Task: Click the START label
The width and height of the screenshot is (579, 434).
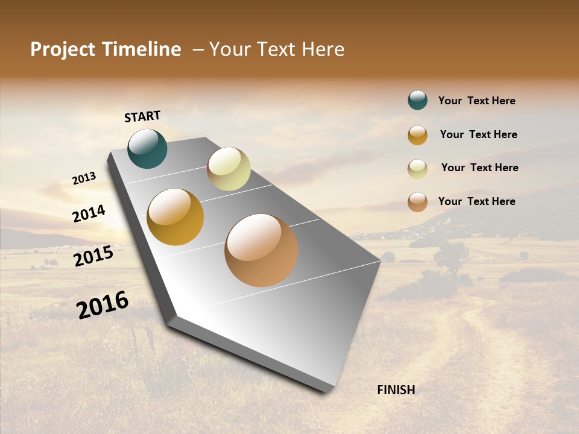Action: point(142,116)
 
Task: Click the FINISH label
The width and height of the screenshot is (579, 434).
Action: point(396,390)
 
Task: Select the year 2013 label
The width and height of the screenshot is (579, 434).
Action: point(84,178)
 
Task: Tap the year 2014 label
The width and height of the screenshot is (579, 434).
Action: point(89,213)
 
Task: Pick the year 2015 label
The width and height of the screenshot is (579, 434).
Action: point(93,256)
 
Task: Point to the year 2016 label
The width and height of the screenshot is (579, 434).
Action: point(103,304)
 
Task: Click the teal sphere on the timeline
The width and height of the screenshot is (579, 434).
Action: point(147,148)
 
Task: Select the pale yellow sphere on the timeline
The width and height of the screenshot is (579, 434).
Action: point(229,168)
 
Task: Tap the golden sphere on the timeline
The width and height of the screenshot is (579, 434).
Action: point(175,217)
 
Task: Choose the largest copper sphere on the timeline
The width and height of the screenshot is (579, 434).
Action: point(261,250)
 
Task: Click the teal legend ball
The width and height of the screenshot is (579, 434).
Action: point(417,100)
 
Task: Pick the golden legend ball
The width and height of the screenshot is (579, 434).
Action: point(417,134)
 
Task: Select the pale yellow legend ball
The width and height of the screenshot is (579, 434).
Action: point(417,168)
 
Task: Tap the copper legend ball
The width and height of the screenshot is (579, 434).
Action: point(417,202)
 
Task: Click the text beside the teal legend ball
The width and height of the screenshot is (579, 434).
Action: point(476,101)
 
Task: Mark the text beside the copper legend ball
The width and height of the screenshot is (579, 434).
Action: point(476,201)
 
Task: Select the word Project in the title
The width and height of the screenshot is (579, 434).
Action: point(62,49)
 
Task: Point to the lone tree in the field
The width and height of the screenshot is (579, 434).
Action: point(451,256)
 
